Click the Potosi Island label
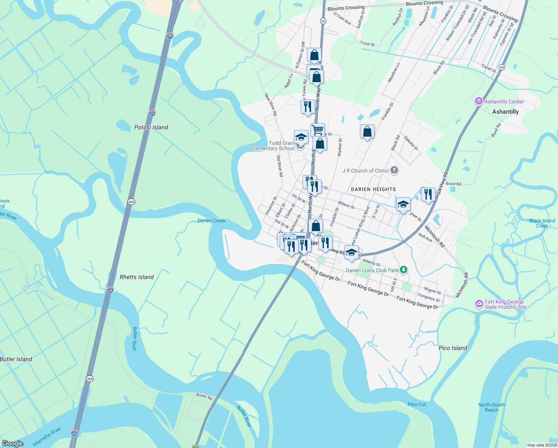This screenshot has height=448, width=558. click(151, 127)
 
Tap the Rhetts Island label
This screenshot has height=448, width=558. click(137, 277)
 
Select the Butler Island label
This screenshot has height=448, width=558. click(16, 359)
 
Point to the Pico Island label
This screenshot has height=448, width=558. click(453, 348)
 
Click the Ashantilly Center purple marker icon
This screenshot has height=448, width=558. click(479, 101)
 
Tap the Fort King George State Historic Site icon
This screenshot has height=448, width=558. click(479, 304)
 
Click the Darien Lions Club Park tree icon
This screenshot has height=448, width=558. click(403, 270)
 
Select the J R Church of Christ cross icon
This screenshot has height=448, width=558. click(394, 171)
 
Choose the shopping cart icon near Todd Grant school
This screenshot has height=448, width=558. click(317, 130)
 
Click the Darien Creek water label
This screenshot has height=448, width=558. click(211, 221)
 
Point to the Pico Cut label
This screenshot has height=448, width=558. click(417, 404)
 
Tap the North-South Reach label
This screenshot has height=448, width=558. click(491, 407)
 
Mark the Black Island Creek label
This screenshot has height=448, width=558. click(542, 223)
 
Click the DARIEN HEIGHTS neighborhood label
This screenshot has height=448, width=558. click(373, 189)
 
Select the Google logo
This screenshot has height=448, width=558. click(12, 444)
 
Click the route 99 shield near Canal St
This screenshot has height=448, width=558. click(502, 68)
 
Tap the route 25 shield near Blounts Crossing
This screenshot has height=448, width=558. click(323, 21)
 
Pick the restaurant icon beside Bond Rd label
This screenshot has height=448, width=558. click(428, 194)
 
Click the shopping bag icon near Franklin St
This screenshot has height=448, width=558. click(367, 131)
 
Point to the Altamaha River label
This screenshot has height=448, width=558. click(47, 437)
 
